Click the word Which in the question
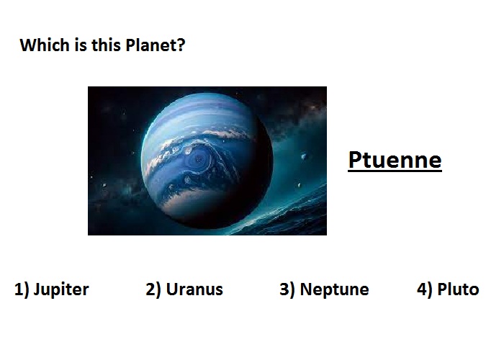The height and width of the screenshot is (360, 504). pyautogui.click(x=45, y=45)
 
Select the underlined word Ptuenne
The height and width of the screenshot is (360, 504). pyautogui.click(x=395, y=160)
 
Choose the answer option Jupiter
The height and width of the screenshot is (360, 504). pyautogui.click(x=61, y=289)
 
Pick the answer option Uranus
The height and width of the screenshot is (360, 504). pyautogui.click(x=194, y=289)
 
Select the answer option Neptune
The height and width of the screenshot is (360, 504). pyautogui.click(x=334, y=289)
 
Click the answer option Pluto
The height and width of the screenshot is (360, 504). pyautogui.click(x=458, y=289)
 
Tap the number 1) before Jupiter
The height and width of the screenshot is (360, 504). pyautogui.click(x=22, y=289)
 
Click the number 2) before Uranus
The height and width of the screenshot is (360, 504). pyautogui.click(x=153, y=289)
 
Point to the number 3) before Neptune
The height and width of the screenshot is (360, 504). pyautogui.click(x=287, y=289)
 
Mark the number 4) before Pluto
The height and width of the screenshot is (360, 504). pyautogui.click(x=425, y=289)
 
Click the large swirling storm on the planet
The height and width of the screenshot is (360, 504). pyautogui.click(x=199, y=159)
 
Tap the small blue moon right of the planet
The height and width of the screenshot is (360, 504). pyautogui.click(x=303, y=156)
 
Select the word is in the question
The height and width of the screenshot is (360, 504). pyautogui.click(x=81, y=45)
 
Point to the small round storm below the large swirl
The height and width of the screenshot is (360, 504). pyautogui.click(x=187, y=180)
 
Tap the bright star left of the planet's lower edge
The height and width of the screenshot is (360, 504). pyautogui.click(x=104, y=185)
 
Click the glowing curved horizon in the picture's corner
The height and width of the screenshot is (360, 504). pyautogui.click(x=283, y=212)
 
